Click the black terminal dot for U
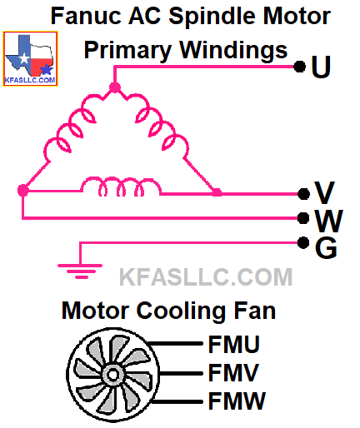pyautogui.click(x=300, y=67)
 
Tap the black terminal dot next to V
pyautogui.click(x=303, y=194)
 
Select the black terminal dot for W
pyautogui.click(x=303, y=218)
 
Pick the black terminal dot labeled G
pyautogui.click(x=303, y=243)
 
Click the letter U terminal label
pyautogui.click(x=321, y=67)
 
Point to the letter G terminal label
pyautogui.click(x=326, y=248)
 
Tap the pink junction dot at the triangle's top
pyautogui.click(x=115, y=87)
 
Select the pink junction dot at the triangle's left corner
pyautogui.click(x=23, y=191)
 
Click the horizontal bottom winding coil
pyautogui.click(x=121, y=187)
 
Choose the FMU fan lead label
pyautogui.click(x=234, y=344)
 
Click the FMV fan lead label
pyautogui.click(x=233, y=372)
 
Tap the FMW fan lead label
pyautogui.click(x=237, y=401)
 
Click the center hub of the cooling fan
pyautogui.click(x=112, y=376)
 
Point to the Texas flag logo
pyautogui.click(x=30, y=58)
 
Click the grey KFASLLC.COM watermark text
pyautogui.click(x=206, y=276)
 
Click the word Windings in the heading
pyautogui.click(x=233, y=51)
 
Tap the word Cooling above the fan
pyautogui.click(x=181, y=311)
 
